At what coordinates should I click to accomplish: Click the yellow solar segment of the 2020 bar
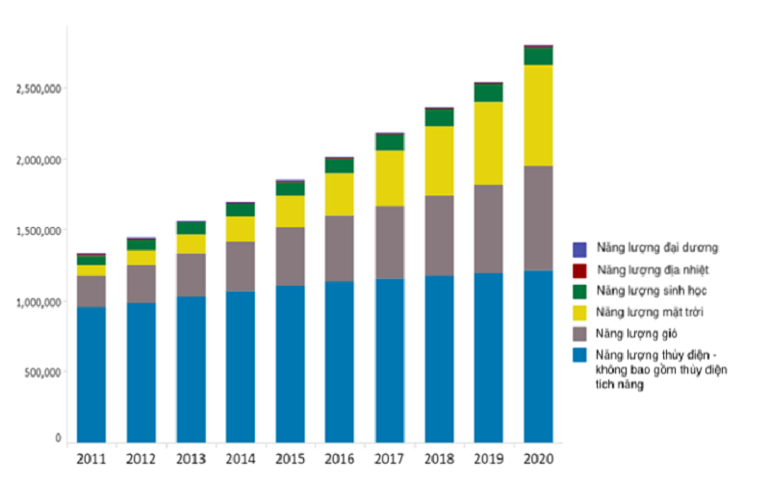pos(538,115)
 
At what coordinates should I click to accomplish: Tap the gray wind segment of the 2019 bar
pos(488,229)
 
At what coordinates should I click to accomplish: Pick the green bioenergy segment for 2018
pos(439,117)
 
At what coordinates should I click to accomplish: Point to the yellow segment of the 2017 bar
pos(389,178)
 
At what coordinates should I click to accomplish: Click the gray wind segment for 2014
pos(240,266)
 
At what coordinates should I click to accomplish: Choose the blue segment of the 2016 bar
pos(339,361)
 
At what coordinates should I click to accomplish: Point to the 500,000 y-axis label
pos(41,372)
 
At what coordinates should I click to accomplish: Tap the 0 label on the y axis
pos(58,439)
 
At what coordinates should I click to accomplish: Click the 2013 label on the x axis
pos(191,458)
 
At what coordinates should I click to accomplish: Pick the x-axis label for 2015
pos(290,458)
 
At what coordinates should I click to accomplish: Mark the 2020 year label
pos(538,458)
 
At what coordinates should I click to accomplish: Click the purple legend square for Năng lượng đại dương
pos(578,247)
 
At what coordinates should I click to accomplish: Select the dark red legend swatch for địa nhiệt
pos(578,268)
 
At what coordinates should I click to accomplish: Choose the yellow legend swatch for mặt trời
pos(578,312)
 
